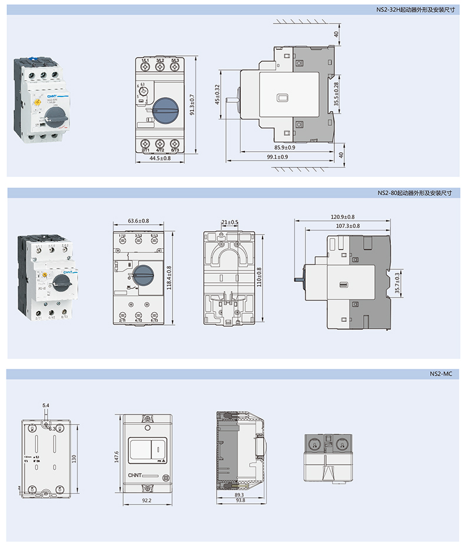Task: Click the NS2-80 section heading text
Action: click(417, 193)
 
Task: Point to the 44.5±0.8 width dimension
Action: click(160, 159)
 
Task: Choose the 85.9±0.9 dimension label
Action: click(285, 147)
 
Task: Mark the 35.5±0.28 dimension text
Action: click(336, 93)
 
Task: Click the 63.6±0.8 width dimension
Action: click(138, 221)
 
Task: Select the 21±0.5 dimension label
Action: click(230, 222)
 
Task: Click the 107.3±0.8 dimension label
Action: click(348, 226)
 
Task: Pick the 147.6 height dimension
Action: click(117, 456)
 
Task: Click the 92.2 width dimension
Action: click(147, 500)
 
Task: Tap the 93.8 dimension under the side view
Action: click(240, 500)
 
